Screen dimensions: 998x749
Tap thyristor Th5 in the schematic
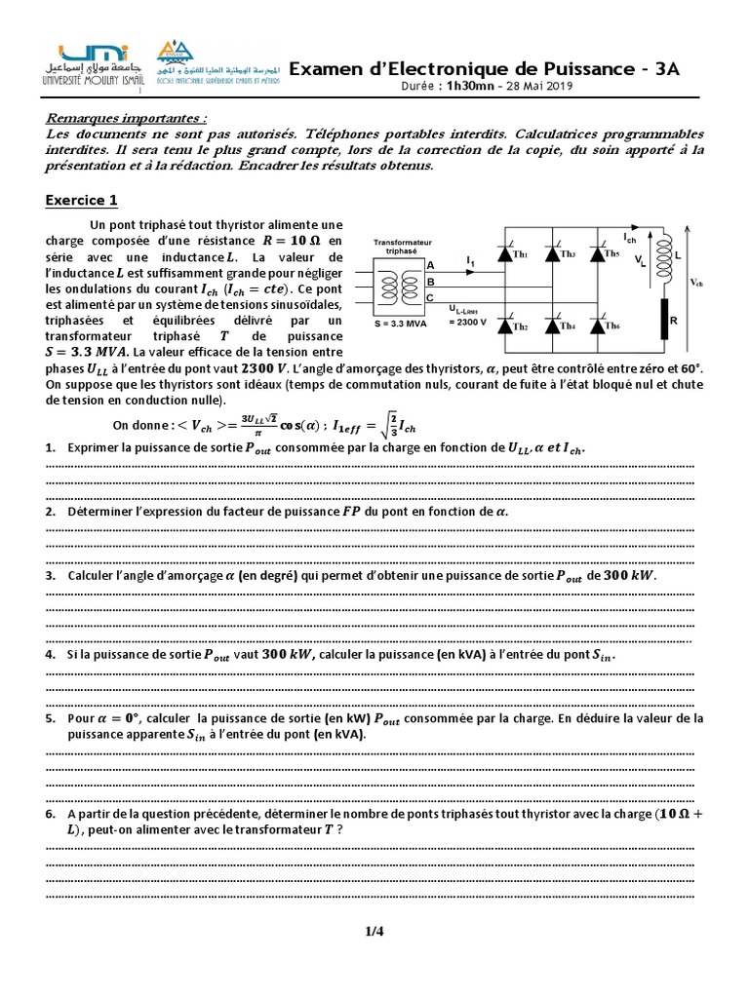pyautogui.click(x=597, y=254)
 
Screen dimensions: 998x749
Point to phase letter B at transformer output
pyautogui.click(x=430, y=282)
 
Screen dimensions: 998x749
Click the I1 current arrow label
pyautogui.click(x=470, y=262)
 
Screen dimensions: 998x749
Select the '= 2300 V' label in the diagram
pyautogui.click(x=467, y=322)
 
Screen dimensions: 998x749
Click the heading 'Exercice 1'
pyautogui.click(x=82, y=201)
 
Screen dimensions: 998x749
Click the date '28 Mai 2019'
pyautogui.click(x=541, y=86)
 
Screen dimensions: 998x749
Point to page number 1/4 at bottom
pyautogui.click(x=374, y=932)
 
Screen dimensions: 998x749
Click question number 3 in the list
pyautogui.click(x=50, y=576)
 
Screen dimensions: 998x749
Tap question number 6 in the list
pyautogui.click(x=50, y=813)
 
